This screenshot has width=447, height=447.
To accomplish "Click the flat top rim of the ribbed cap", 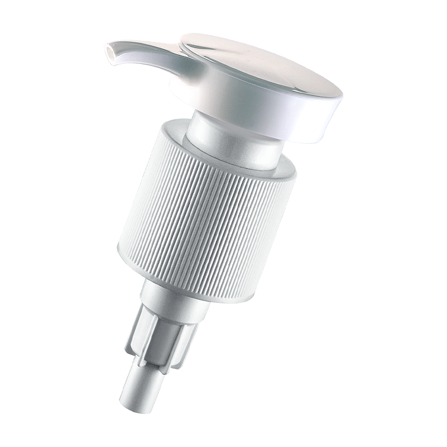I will coord(168,126).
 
